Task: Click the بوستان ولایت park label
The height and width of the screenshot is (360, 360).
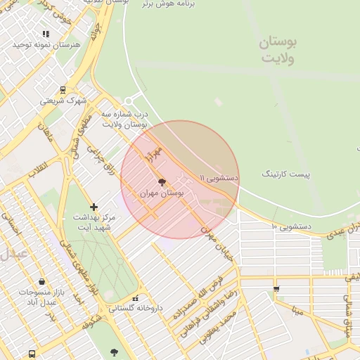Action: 278,50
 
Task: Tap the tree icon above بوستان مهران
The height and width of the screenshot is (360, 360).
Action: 163,181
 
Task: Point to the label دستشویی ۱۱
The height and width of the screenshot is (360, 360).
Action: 219,179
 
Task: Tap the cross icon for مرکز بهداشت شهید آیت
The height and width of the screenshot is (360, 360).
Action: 94,207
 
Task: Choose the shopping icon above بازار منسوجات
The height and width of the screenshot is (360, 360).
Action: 43,281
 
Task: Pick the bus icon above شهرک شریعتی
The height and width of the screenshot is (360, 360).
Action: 63,90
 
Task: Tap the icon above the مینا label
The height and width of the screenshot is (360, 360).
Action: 276,289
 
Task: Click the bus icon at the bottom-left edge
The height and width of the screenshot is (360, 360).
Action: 32,354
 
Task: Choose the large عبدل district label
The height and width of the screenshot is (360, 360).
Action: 13,253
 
